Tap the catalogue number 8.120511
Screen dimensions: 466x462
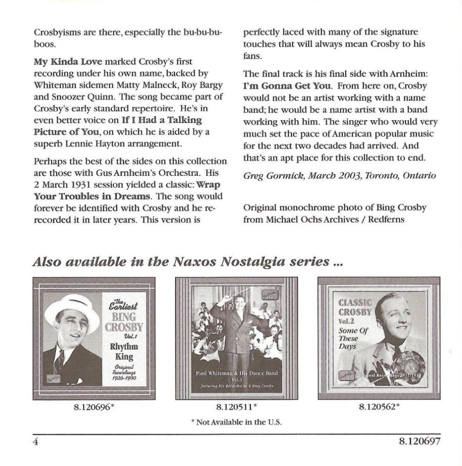(236, 407)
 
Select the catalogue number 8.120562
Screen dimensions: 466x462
(379, 407)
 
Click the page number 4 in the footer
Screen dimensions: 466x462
(35, 441)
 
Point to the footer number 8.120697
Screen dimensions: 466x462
(419, 441)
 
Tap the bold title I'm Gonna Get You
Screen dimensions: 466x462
(287, 86)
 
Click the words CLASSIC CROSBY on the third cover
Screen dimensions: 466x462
(355, 307)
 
